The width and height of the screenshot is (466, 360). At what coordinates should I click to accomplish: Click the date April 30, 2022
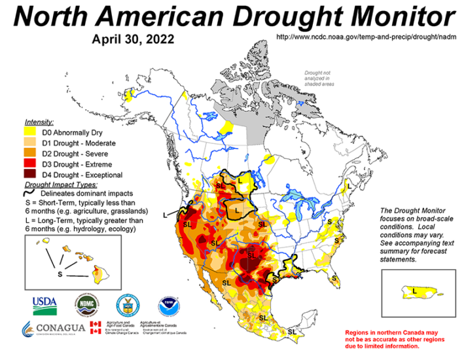(x=134, y=39)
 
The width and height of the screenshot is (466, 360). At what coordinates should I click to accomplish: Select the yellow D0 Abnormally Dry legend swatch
(x=31, y=133)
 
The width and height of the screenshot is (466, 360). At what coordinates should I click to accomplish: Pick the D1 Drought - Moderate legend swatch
(x=31, y=143)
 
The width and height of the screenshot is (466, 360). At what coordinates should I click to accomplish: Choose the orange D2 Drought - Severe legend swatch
(x=31, y=154)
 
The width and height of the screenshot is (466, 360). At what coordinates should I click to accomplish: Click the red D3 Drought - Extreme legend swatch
(x=31, y=164)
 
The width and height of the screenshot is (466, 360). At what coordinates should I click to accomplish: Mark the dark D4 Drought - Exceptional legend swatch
(x=31, y=175)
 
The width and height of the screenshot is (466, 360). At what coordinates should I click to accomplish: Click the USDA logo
(x=45, y=304)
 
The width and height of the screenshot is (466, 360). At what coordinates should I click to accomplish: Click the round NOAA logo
(x=168, y=304)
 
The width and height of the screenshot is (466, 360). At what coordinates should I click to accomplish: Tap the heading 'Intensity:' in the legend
(x=39, y=122)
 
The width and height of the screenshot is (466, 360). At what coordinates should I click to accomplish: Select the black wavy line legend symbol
(x=31, y=194)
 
